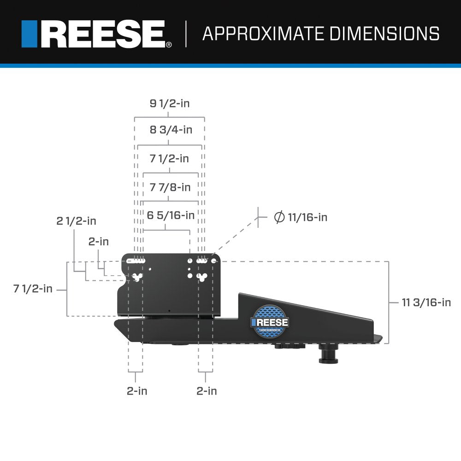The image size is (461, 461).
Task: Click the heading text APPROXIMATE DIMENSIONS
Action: coord(320,34)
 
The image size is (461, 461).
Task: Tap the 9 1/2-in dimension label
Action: coord(169,103)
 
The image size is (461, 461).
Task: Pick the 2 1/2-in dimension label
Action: coord(77,221)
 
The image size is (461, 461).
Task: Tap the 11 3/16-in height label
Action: coord(426,302)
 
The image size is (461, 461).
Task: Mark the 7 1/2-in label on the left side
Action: coord(33,289)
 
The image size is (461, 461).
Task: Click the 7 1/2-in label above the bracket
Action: coord(169,159)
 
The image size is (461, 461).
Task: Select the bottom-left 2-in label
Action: coord(137,391)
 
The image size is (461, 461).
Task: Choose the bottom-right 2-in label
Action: coord(207,391)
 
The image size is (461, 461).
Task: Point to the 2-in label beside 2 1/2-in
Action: coord(99,241)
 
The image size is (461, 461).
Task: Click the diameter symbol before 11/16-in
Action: coord(279,217)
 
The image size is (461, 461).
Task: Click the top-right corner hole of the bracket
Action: coord(213,261)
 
